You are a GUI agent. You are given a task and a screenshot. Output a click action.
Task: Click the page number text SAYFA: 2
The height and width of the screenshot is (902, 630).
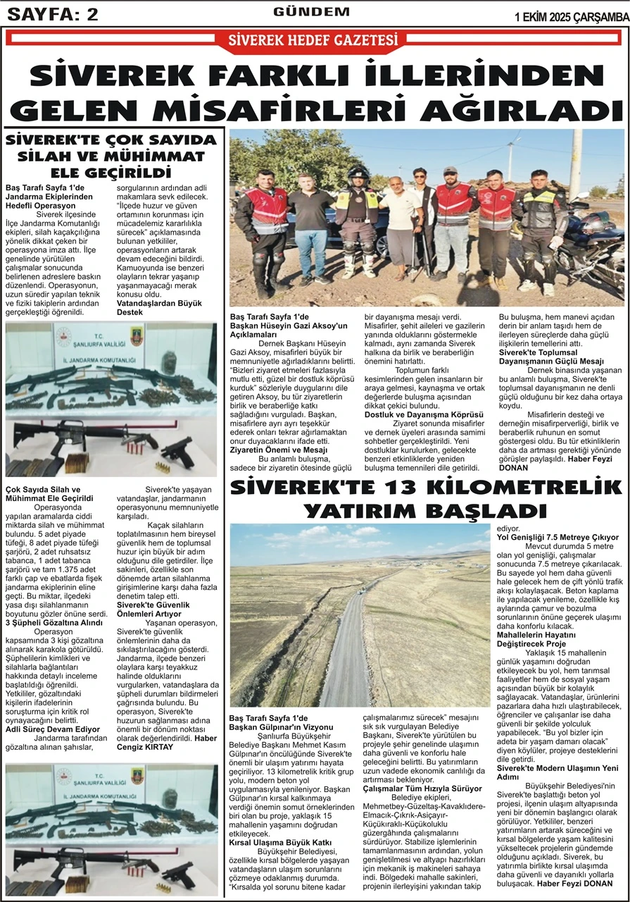(53, 14)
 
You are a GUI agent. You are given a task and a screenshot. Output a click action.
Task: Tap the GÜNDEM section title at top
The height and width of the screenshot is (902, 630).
(311, 12)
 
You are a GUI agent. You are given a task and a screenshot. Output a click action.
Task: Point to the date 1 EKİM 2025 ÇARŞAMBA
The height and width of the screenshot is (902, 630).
(571, 16)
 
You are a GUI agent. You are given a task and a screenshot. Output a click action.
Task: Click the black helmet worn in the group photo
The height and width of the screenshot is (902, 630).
(358, 175)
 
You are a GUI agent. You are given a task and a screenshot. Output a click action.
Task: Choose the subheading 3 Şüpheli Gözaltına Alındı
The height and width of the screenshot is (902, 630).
(54, 622)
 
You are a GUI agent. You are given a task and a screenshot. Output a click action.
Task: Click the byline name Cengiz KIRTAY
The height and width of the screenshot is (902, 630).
(145, 746)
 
